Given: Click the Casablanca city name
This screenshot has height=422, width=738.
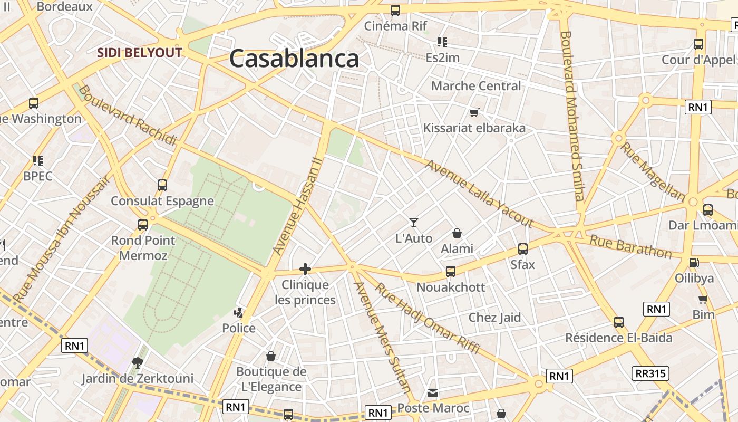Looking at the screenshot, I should tap(294, 58).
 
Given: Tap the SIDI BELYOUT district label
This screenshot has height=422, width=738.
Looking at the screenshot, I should tap(140, 53).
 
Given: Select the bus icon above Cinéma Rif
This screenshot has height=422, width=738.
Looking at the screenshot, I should tap(395, 11).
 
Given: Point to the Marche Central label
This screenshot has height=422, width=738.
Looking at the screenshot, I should tap(476, 85).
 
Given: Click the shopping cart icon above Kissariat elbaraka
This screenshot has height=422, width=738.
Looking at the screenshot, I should tap(474, 112).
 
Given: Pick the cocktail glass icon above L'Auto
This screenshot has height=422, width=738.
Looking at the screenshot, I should tap(414, 223).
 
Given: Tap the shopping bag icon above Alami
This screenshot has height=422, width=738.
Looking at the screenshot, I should tap(457, 233).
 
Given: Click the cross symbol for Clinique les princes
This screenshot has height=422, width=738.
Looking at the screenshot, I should tap(305, 270).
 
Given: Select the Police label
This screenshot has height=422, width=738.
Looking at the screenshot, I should tap(239, 328).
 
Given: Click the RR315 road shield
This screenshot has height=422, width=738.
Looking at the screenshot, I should tap(650, 373).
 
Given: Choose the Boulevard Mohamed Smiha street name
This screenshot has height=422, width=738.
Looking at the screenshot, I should tap(572, 116).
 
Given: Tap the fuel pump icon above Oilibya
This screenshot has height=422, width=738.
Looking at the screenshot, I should tap(694, 262).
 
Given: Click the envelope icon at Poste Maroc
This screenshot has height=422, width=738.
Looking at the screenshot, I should tap(433, 393).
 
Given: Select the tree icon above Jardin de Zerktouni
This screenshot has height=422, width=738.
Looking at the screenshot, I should tap(137, 362).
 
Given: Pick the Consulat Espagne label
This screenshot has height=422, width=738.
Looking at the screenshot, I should tap(162, 201).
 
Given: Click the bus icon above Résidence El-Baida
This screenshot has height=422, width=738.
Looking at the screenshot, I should tap(619, 322).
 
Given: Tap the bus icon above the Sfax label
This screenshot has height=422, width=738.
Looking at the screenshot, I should tap(523, 249).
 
